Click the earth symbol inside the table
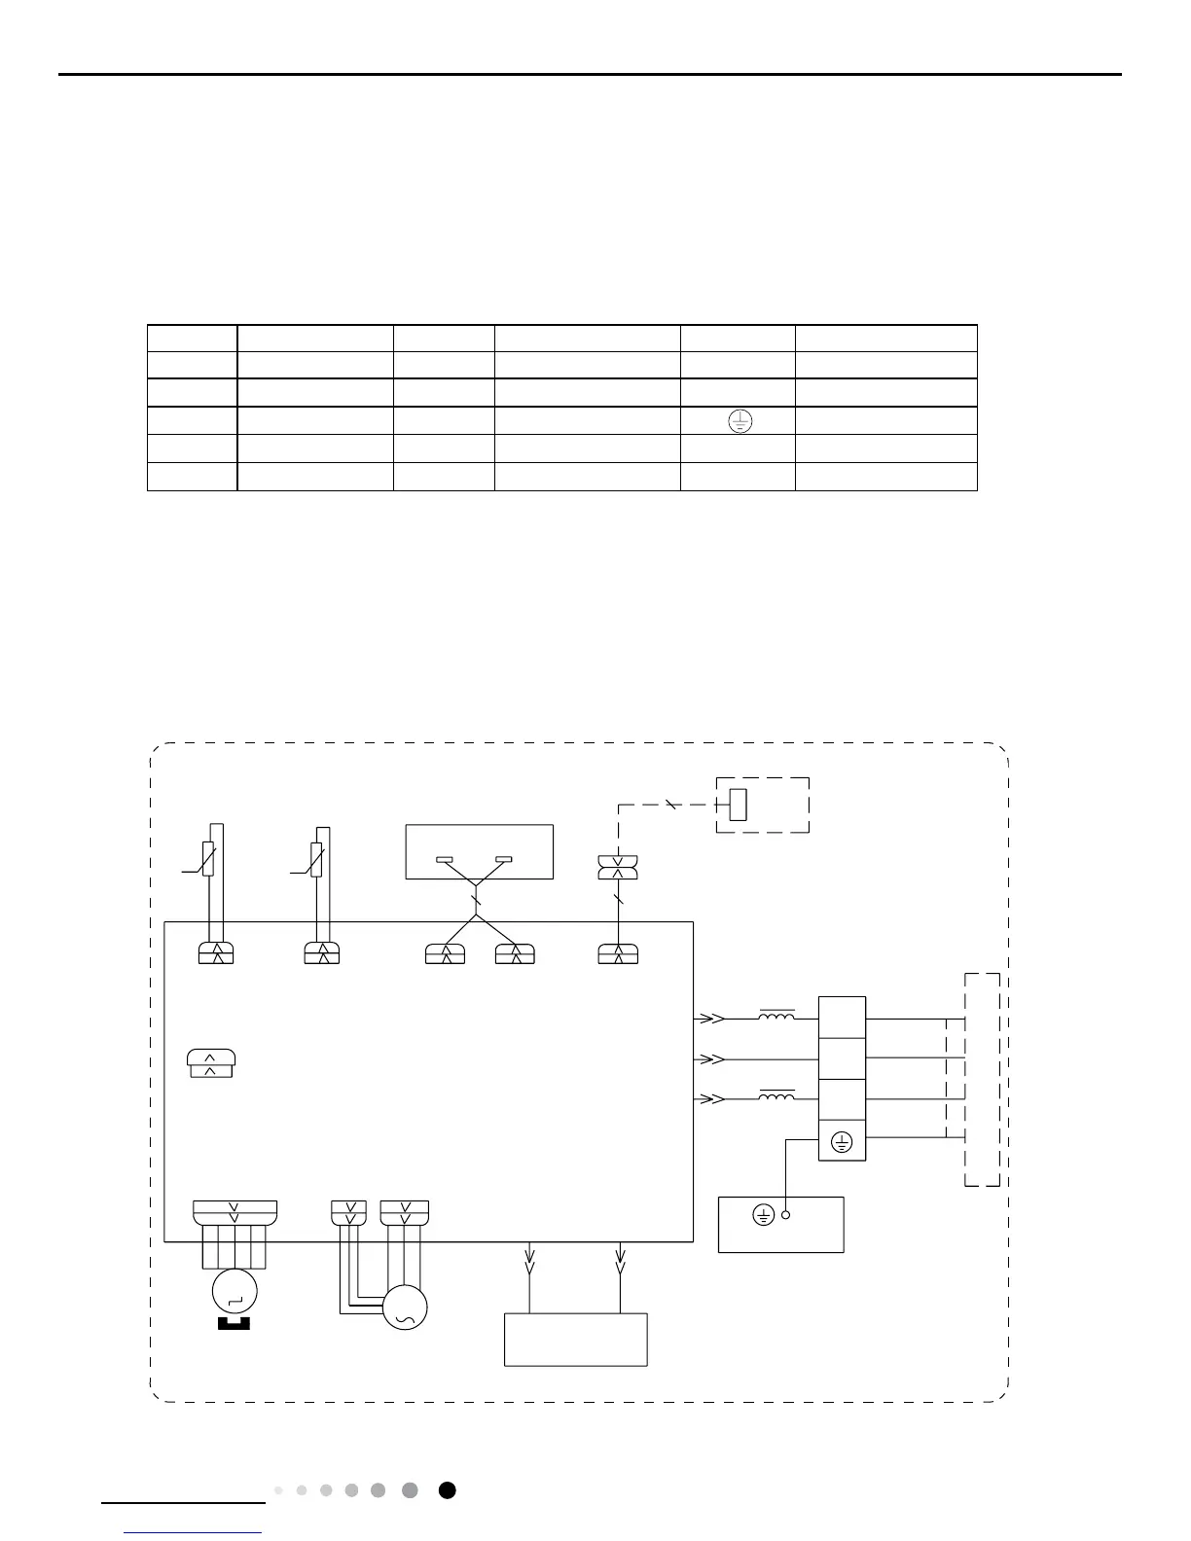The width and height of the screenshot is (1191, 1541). pos(740,421)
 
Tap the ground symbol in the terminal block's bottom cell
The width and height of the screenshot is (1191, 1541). pos(843,1143)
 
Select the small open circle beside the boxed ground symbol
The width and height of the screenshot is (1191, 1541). pos(786,1215)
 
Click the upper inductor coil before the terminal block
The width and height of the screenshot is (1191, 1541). pos(776,1017)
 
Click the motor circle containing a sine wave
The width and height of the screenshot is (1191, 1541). pos(405,1308)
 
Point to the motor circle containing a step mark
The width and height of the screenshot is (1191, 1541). pos(235,1291)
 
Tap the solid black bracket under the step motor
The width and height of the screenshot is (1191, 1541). pos(234,1323)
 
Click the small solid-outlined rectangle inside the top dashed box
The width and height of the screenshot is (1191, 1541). pos(738,806)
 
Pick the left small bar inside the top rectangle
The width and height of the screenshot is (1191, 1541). pos(444,859)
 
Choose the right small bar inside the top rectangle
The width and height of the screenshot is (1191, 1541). pos(503,859)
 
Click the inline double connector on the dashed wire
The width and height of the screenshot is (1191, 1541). pos(618,868)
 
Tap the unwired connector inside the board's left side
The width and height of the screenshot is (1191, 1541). pos(210,1064)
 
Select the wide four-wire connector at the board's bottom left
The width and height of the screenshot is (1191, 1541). pos(235,1213)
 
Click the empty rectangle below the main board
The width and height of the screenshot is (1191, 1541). pos(575,1340)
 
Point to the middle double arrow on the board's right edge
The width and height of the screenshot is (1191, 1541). pos(711,1058)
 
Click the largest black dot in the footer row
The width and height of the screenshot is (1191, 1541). pos(447,1490)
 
